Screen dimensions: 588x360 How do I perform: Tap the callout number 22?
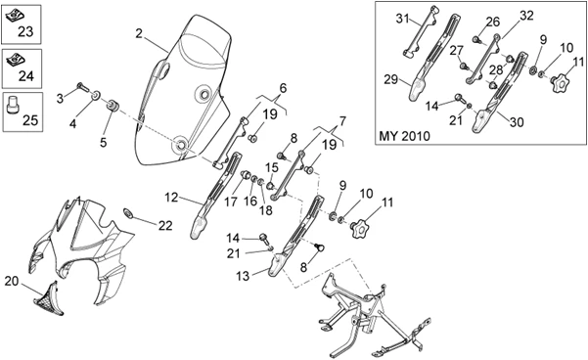tap(165, 225)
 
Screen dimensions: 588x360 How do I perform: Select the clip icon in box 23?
tap(16, 16)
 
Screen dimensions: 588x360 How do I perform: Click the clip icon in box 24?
tap(17, 60)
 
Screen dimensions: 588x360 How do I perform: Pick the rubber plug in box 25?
tap(13, 105)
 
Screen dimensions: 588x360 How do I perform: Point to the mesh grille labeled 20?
tap(47, 299)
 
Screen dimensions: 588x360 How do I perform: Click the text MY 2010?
tap(405, 136)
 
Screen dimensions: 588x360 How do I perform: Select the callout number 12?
tap(171, 198)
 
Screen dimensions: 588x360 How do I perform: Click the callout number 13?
tap(243, 277)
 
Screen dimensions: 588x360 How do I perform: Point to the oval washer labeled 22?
tap(128, 213)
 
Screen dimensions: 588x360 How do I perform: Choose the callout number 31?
tap(403, 18)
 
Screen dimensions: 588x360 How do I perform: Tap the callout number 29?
tap(390, 79)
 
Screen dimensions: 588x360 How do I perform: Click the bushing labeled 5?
tap(113, 105)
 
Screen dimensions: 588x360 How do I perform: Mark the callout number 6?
tap(283, 88)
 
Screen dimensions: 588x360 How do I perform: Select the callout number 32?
tap(526, 16)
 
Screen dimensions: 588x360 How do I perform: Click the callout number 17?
tap(231, 202)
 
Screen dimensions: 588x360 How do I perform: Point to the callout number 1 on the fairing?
tap(78, 201)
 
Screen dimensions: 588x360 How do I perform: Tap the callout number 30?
tap(517, 122)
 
